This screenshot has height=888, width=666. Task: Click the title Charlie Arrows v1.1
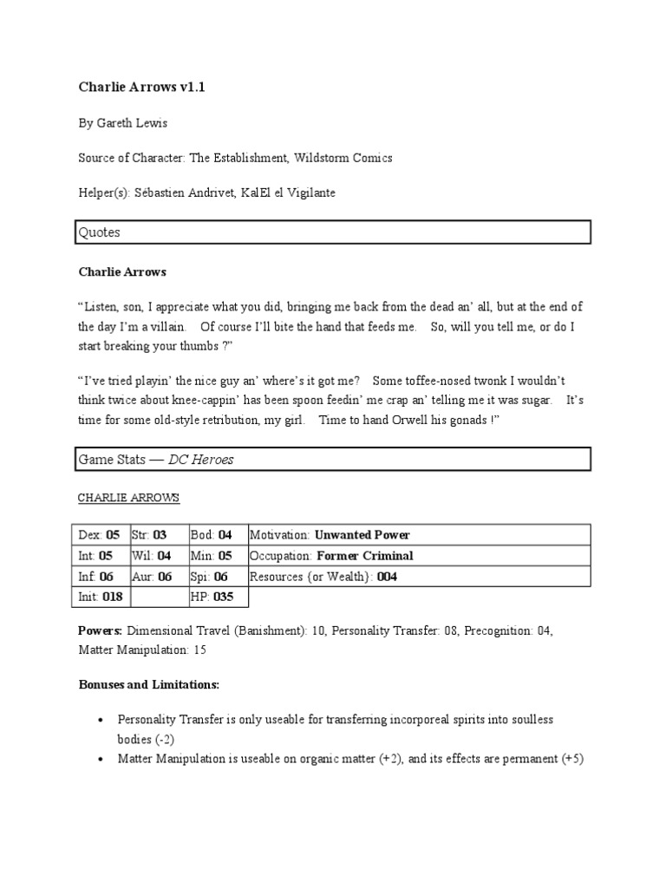141,88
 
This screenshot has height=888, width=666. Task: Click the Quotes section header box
334,232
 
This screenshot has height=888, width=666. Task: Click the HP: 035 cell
217,597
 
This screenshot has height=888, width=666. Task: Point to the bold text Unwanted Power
362,535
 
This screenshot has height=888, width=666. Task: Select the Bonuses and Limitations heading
148,685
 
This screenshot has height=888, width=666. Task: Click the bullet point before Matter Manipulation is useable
102,760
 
